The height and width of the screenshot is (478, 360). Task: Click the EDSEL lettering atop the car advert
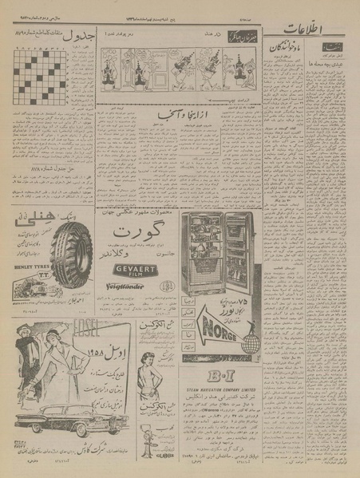click(65, 329)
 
